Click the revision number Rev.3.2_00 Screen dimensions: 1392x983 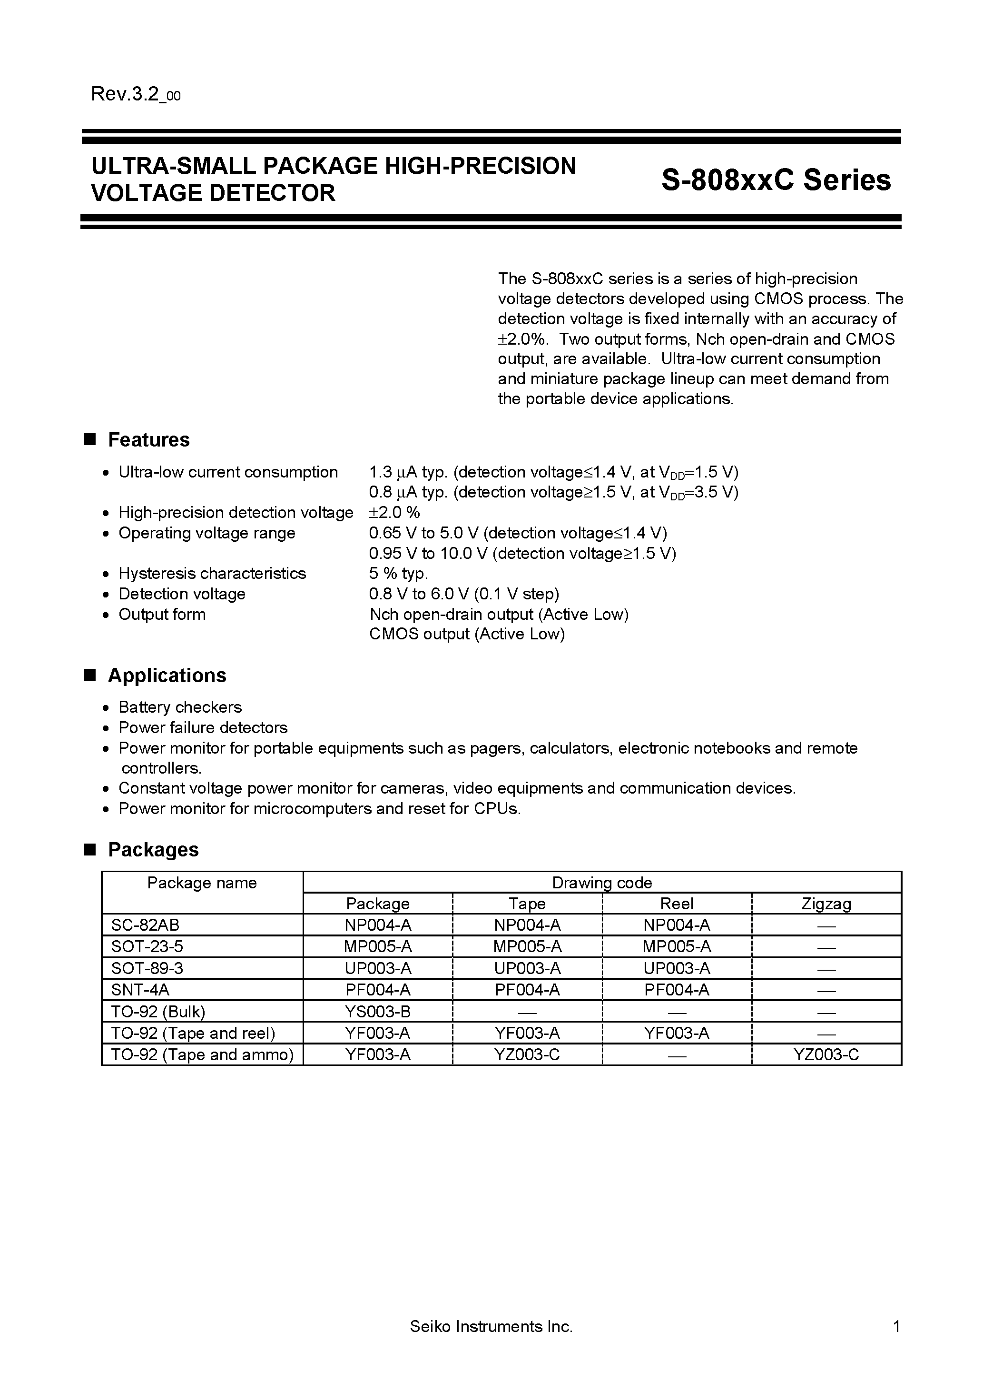(135, 95)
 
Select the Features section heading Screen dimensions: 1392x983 (148, 439)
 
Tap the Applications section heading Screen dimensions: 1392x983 (167, 676)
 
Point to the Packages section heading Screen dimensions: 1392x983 (153, 849)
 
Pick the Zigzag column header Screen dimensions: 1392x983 (826, 904)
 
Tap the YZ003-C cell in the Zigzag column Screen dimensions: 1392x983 (826, 1054)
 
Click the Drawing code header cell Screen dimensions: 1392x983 (602, 883)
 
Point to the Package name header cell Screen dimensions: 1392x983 (202, 883)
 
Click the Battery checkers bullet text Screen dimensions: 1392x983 (180, 707)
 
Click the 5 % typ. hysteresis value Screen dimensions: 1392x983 (398, 574)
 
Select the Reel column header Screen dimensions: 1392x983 (676, 904)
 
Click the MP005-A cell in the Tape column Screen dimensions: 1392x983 (527, 946)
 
